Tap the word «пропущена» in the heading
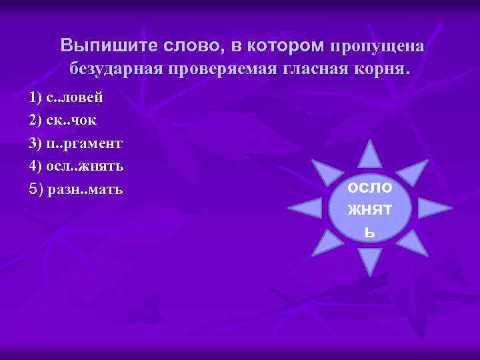377,45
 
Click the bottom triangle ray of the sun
371,261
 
